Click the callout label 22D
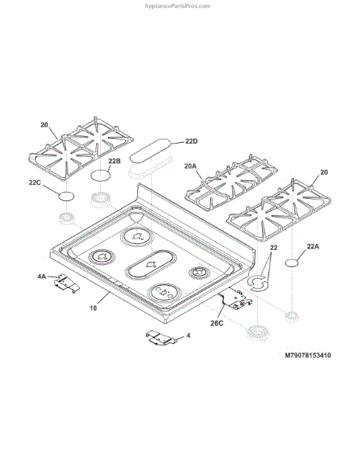[191, 141]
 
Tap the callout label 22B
[114, 161]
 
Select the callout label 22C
[35, 183]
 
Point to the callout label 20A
[190, 166]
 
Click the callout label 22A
[313, 246]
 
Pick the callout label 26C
[216, 323]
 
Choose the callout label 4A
[42, 276]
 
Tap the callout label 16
[93, 308]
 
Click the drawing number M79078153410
[308, 355]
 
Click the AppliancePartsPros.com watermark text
[178, 6]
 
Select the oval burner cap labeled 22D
[151, 149]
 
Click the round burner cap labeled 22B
[101, 175]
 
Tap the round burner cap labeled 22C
[66, 196]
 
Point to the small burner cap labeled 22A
[292, 263]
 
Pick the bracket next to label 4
[162, 338]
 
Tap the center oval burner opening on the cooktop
[151, 264]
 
